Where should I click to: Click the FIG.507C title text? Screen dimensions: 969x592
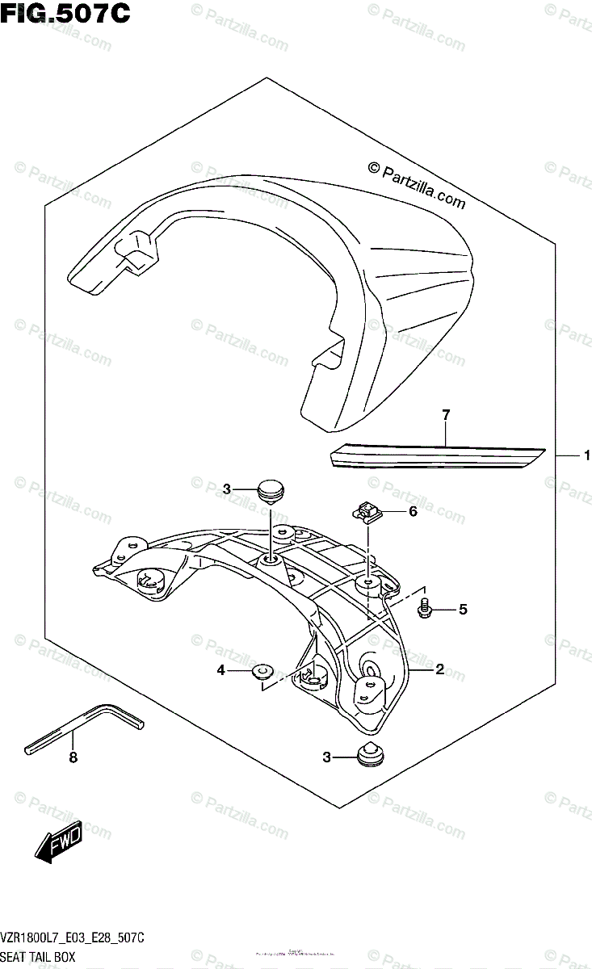pyautogui.click(x=65, y=14)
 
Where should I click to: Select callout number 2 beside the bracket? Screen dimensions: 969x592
pyautogui.click(x=439, y=669)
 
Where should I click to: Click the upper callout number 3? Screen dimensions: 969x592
pyautogui.click(x=228, y=489)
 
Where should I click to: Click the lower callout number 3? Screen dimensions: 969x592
pyautogui.click(x=327, y=757)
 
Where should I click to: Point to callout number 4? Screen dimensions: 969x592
pyautogui.click(x=220, y=669)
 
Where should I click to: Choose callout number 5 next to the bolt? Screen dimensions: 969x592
pyautogui.click(x=463, y=610)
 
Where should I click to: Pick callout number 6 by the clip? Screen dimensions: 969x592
pyautogui.click(x=412, y=511)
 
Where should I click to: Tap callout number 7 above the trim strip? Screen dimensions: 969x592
pyautogui.click(x=445, y=415)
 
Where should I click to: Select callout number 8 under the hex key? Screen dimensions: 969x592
pyautogui.click(x=73, y=757)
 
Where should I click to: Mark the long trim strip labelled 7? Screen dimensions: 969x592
pyautogui.click(x=437, y=457)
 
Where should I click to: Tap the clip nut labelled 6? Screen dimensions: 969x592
pyautogui.click(x=367, y=510)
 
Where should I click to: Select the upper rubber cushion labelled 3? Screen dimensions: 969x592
pyautogui.click(x=271, y=489)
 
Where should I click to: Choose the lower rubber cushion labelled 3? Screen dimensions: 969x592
pyautogui.click(x=372, y=754)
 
